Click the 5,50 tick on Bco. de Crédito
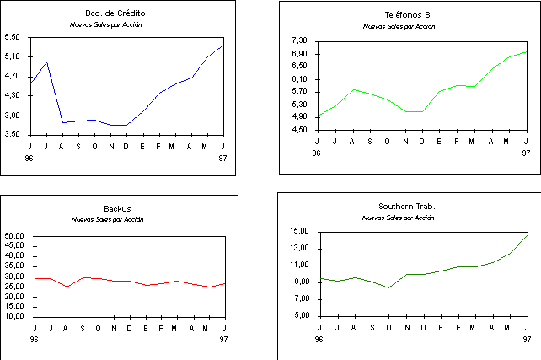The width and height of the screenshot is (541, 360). click(12, 38)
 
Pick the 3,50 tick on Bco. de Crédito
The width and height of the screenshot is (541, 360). click(12, 134)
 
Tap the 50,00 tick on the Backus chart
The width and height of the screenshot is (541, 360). click(15, 236)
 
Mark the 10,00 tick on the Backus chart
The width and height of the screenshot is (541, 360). click(15, 316)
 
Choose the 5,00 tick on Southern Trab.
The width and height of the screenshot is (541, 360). click(303, 316)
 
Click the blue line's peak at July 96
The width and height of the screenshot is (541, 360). click(47, 62)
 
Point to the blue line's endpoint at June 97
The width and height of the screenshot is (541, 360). click(223, 45)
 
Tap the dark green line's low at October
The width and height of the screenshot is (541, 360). click(388, 287)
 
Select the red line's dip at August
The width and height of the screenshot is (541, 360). click(67, 287)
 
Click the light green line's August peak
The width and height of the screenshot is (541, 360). click(353, 89)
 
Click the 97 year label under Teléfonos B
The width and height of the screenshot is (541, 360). click(526, 153)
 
